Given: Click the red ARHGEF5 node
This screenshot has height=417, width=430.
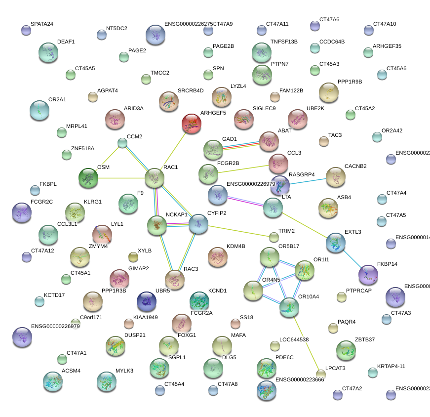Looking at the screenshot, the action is point(191,123).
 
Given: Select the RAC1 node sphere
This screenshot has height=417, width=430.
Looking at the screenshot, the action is point(155,177).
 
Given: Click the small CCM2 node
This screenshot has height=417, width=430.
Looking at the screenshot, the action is point(122,143).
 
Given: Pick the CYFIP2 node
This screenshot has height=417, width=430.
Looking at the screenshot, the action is point(198,224).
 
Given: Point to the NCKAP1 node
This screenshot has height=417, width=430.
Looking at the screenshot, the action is point(157,225).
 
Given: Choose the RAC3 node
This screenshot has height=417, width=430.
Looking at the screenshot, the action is point(175,280).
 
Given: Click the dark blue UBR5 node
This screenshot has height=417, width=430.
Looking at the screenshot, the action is point(147,300).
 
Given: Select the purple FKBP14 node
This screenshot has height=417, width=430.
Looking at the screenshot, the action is point(368,275).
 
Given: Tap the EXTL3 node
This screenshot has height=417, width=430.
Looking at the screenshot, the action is point(336,243).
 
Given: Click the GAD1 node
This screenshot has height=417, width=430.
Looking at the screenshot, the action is point(213,150).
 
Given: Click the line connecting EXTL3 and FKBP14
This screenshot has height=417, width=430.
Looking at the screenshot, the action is point(352,258).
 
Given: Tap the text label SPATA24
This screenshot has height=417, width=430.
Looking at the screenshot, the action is point(42,24).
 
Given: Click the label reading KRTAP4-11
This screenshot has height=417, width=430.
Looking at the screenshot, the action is point(391,366).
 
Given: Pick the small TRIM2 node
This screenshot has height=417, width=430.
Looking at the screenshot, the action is point(274,237).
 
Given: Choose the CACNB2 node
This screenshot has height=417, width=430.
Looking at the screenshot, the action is point(336,177).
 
